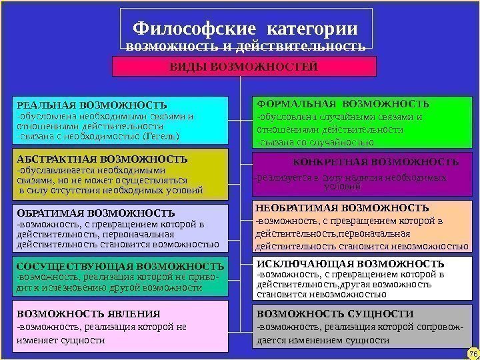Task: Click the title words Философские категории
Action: coord(245,29)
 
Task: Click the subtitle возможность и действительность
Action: coord(245,47)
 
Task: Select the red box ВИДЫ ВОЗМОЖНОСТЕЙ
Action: coord(243,67)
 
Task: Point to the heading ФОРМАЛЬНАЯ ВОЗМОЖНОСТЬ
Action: coord(343,105)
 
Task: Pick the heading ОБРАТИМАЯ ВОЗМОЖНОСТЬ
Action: coord(95,213)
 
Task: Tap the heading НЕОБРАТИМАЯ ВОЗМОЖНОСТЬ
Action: coord(343,208)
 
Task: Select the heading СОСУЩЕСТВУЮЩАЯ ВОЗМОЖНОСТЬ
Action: coord(119,265)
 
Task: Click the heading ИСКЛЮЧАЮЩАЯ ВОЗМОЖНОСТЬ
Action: coord(351,264)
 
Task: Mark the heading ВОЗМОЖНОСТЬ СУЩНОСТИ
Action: coord(335,313)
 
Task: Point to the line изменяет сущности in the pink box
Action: coord(61,339)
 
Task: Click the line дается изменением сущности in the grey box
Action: coord(323,339)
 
